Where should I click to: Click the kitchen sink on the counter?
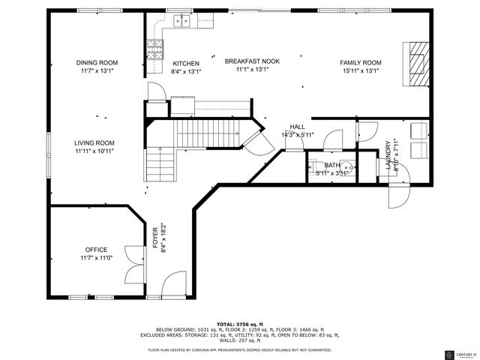point(181,21)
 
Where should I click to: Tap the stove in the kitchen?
point(155,50)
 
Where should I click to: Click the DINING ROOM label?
point(97,63)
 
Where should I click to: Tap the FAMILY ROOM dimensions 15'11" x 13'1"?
point(361,70)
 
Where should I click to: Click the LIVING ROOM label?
point(94,142)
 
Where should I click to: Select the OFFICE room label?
point(96,250)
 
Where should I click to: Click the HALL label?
point(297,127)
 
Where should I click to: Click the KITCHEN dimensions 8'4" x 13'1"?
point(187,72)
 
